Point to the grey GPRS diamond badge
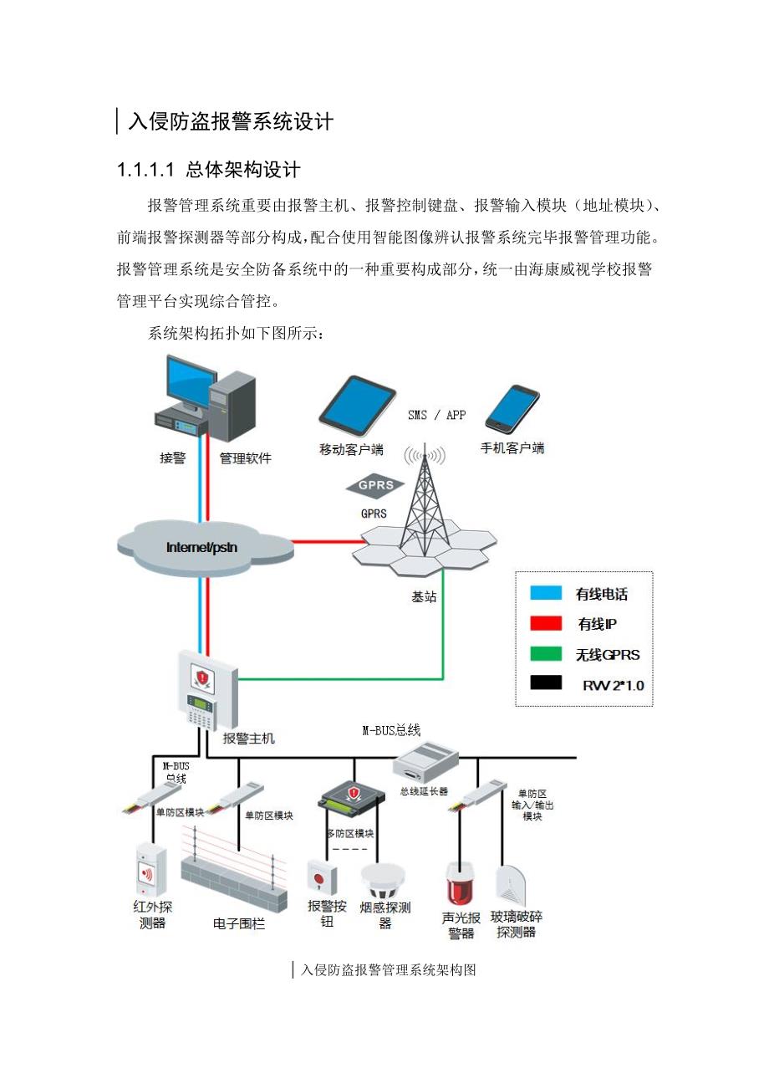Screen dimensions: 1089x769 (375, 486)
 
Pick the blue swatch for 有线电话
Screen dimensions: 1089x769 (546, 594)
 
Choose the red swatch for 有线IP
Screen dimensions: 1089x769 (546, 624)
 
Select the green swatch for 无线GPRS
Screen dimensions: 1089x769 (546, 654)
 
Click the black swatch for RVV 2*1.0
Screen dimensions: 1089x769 (546, 684)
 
